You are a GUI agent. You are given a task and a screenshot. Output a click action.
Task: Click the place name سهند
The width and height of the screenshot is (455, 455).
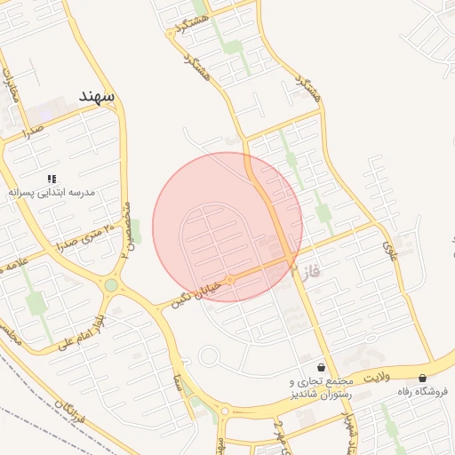(98, 94)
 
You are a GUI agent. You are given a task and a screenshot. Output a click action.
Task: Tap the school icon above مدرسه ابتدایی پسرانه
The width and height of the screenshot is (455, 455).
(52, 179)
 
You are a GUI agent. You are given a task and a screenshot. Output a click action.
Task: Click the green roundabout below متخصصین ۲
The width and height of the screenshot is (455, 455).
(111, 285)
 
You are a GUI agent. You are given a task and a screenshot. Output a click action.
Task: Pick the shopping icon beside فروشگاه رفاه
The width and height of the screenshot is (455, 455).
(422, 378)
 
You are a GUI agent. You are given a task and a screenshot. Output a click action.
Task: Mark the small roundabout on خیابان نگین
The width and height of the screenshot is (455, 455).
(229, 280)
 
